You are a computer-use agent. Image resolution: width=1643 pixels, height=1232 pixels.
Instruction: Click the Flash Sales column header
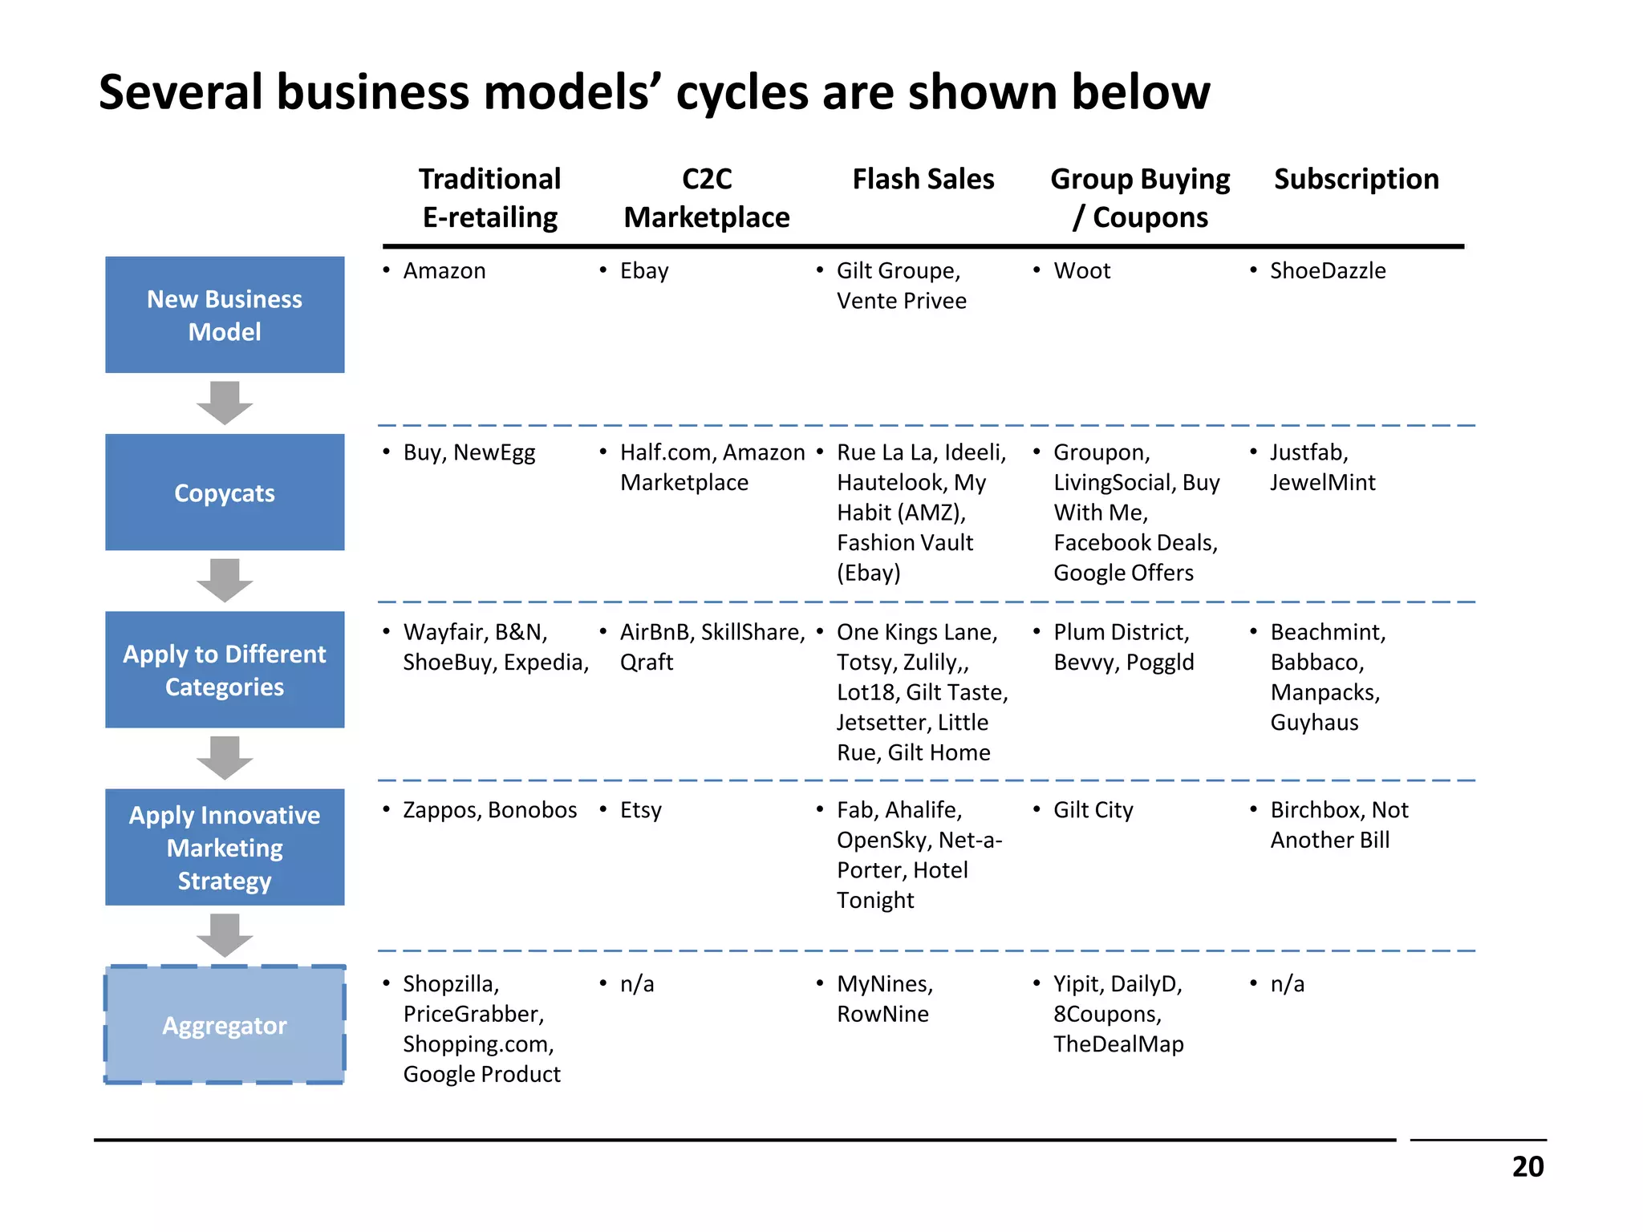pos(923,179)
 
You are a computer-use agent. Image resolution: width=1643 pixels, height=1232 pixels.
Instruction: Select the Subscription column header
pos(1356,179)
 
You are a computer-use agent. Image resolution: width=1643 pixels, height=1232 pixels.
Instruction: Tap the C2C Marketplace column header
pos(706,198)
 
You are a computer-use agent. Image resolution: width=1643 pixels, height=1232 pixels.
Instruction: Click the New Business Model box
pos(225,314)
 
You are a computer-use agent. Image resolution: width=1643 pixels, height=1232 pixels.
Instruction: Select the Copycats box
pos(225,492)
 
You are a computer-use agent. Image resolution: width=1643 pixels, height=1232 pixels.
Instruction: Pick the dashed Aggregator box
pos(225,1025)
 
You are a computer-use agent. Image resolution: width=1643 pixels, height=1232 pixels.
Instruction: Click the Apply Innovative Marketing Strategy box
pos(225,847)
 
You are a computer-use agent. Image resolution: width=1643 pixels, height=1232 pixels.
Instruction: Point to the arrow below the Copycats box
pos(225,580)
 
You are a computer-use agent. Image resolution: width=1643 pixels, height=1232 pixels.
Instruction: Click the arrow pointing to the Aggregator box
pos(225,935)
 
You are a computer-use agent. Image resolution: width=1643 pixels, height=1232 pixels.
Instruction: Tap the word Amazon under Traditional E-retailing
pos(444,271)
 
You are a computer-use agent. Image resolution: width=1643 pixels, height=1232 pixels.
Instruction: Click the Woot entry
pos(1081,271)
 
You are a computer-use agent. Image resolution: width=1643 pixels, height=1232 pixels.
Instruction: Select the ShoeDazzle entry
pos(1328,271)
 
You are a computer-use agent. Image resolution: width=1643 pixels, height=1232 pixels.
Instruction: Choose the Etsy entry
pos(640,811)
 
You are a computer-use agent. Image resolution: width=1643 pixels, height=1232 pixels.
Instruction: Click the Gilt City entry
pos(1093,811)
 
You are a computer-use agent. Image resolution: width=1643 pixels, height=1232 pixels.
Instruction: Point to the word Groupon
pos(1101,453)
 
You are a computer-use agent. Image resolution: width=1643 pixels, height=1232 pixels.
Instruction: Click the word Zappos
pos(441,811)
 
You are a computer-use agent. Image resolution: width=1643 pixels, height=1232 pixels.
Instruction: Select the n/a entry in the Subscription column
pos(1287,984)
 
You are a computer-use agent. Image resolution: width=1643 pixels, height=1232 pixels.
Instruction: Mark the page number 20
pos(1527,1166)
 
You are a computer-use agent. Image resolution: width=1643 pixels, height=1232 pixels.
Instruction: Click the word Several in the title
pos(181,91)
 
